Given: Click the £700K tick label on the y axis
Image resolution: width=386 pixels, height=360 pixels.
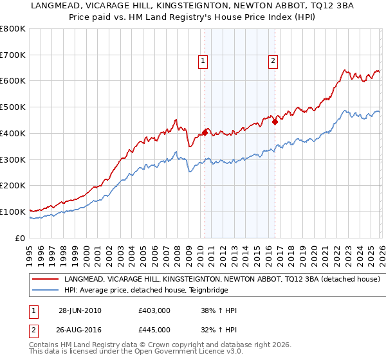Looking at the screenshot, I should click(13, 55).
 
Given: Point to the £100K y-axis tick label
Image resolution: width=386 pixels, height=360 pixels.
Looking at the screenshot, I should click(13, 212).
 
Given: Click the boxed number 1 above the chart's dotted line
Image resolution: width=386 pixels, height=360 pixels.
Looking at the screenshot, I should click(203, 61).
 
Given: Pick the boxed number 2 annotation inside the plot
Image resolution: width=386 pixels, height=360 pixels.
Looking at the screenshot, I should click(273, 61).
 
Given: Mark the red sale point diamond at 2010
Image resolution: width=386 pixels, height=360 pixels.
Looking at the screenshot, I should click(205, 132).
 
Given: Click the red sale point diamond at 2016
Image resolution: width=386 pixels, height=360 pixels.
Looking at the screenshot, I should click(275, 122).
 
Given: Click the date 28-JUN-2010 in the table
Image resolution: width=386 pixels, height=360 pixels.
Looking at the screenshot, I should click(80, 310).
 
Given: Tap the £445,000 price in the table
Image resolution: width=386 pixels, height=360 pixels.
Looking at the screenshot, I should click(154, 329).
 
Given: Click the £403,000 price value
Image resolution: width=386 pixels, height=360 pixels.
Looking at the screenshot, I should click(154, 310).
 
